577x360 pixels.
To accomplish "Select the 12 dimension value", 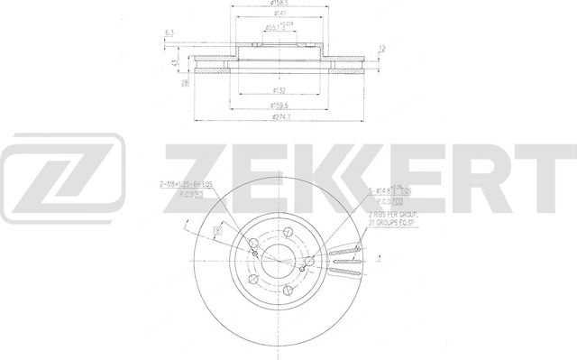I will (x=383, y=49).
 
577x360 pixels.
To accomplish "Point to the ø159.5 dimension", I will (x=281, y=106).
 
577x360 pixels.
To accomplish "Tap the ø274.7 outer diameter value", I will (x=281, y=117).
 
